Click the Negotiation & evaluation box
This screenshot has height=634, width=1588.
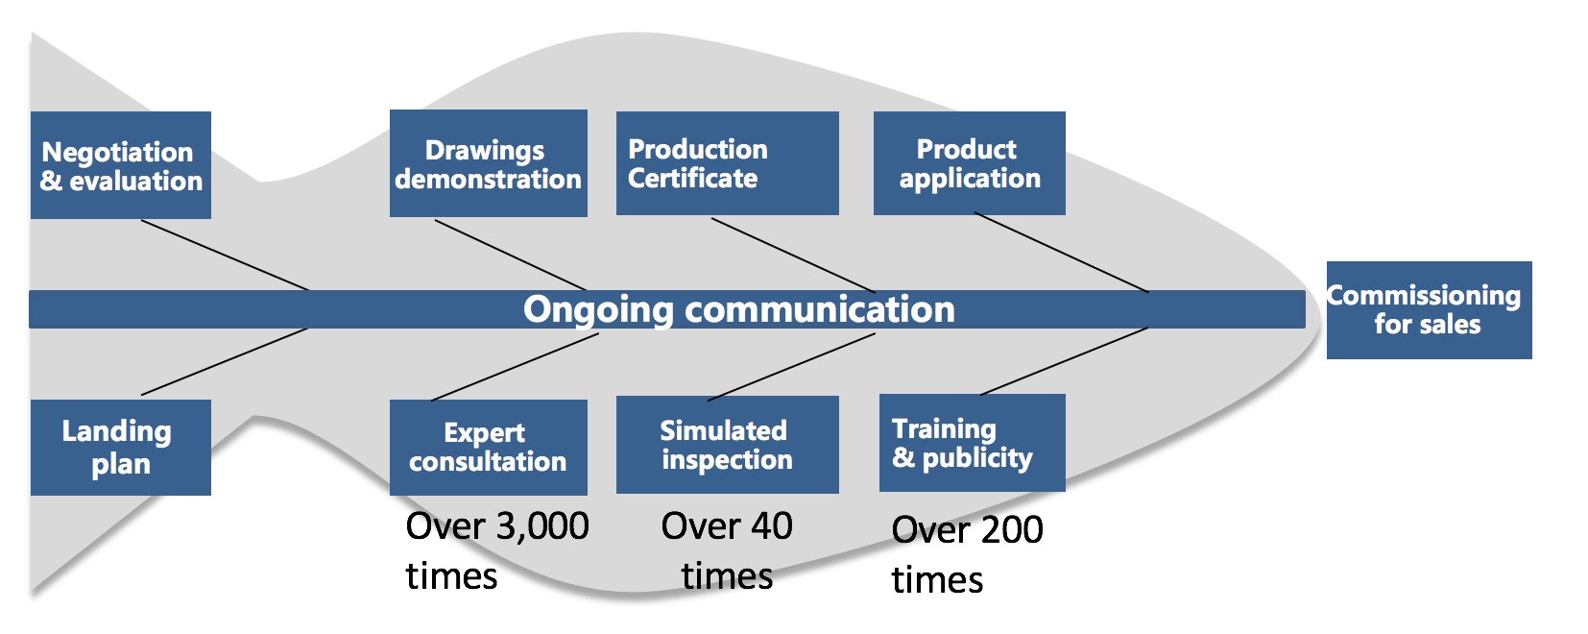click(121, 165)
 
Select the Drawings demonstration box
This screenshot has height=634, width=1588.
click(489, 163)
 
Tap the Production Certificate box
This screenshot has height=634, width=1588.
click(728, 163)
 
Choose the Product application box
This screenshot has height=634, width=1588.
click(969, 163)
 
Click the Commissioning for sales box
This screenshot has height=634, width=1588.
click(1430, 310)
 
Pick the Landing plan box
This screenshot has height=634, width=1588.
click(121, 448)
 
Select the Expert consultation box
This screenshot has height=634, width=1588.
click(489, 448)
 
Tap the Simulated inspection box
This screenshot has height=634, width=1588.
click(728, 445)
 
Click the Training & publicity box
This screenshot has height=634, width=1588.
click(972, 443)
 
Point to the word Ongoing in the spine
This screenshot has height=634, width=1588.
click(598, 310)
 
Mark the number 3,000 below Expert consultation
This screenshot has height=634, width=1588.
click(542, 526)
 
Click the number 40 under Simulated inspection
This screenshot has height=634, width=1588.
click(771, 526)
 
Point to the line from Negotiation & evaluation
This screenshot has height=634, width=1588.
click(225, 255)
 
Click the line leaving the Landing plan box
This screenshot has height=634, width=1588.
click(225, 362)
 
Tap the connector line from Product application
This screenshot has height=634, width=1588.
click(1061, 252)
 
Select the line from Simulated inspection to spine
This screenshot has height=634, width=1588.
click(791, 367)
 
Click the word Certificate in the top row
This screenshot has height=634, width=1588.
click(692, 178)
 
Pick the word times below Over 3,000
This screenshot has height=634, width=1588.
click(451, 575)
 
